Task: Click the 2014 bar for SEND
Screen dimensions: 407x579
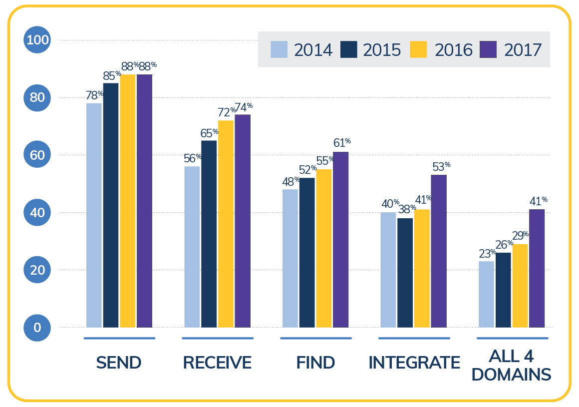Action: (x=94, y=215)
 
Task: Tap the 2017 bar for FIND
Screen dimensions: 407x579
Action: (x=340, y=240)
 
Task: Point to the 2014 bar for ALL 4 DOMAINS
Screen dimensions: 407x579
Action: (x=486, y=294)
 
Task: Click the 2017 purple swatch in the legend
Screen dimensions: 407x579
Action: (x=488, y=49)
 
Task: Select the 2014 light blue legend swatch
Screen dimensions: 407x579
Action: (x=279, y=49)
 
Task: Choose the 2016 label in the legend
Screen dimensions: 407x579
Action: (x=453, y=50)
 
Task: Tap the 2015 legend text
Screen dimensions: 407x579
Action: (x=382, y=50)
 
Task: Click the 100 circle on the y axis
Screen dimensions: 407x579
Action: (x=37, y=40)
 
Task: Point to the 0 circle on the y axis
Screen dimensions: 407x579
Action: (x=37, y=328)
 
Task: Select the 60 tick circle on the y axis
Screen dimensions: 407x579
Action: (x=37, y=155)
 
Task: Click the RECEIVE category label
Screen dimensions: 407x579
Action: (x=217, y=363)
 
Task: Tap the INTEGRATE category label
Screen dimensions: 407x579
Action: (x=414, y=363)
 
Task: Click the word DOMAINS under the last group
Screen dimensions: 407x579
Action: (x=513, y=375)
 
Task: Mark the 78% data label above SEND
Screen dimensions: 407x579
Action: (x=94, y=95)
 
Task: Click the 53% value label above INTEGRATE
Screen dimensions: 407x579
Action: (x=441, y=166)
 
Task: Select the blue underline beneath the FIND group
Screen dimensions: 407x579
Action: (x=315, y=338)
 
